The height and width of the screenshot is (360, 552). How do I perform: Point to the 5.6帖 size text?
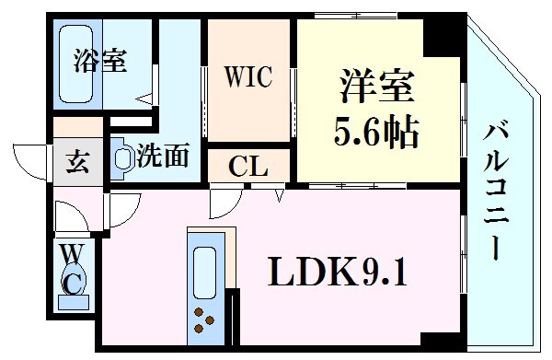pyautogui.click(x=374, y=134)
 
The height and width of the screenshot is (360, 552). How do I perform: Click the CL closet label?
pyautogui.click(x=248, y=168)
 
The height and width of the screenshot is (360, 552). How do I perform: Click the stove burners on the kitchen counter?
pyautogui.click(x=204, y=325)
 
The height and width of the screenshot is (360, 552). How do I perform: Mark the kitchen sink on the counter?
pyautogui.click(x=204, y=272)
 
